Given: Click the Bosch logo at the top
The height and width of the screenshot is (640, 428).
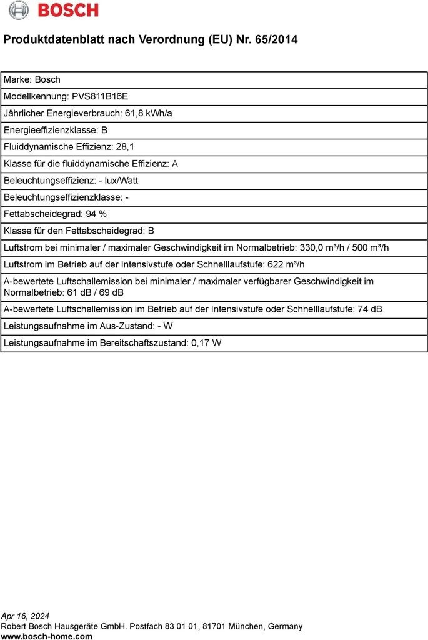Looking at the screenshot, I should pos(54,10).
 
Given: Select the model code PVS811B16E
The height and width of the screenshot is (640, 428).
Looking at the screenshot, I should pos(100,96).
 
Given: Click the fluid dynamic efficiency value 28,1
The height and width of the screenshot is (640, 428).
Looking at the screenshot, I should pos(125,147).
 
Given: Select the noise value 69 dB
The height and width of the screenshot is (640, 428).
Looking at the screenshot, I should pos(111,292).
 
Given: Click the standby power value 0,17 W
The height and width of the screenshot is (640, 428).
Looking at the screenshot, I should pos(206,343).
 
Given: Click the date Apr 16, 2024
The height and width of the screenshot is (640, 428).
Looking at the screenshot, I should pos(25,616).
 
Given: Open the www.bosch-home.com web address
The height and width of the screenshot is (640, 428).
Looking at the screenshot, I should pos(47,636).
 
